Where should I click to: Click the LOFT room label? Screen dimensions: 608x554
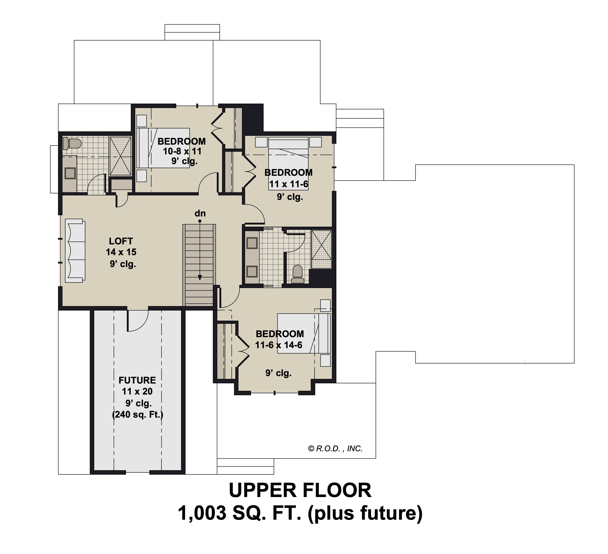[121, 241]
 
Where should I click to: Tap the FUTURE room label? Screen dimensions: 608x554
[137, 380]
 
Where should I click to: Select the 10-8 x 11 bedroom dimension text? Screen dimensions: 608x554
[182, 151]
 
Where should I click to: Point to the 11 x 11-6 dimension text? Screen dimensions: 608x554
[289, 184]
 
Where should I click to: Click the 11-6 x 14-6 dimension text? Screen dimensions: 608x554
[279, 345]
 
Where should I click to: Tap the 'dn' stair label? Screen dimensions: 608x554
[200, 213]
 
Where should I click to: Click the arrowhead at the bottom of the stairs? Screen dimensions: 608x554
[200, 278]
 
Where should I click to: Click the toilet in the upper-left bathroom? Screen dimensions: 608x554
[72, 144]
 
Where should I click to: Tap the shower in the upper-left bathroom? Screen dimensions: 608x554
[120, 156]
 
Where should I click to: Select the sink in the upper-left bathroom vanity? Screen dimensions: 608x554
[70, 173]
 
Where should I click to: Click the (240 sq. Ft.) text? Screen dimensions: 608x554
[138, 415]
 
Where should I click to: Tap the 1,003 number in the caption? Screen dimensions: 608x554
[202, 514]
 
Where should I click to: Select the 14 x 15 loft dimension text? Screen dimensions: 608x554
[121, 252]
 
